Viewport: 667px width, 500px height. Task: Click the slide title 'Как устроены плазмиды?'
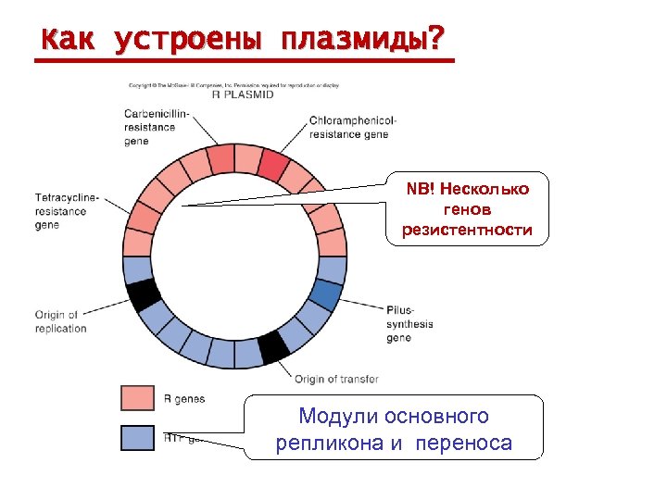coord(243,40)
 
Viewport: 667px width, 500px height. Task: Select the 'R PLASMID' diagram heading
coord(243,94)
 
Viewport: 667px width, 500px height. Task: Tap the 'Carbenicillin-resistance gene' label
coord(156,127)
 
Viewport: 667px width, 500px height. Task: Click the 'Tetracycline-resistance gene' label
coord(67,211)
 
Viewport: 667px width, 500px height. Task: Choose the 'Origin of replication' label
coord(61,321)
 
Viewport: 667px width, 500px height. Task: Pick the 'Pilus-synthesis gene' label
coord(409,324)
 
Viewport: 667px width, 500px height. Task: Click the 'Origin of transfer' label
coord(336,379)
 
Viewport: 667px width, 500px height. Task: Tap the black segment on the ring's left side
coord(144,294)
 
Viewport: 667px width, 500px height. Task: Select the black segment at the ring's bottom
coord(273,346)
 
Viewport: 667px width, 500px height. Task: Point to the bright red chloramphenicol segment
coord(274,164)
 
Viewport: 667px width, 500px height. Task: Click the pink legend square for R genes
coord(137,398)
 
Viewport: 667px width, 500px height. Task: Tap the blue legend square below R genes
coord(137,437)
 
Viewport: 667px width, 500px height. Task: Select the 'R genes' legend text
coord(184,399)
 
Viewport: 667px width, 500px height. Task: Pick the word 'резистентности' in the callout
coord(467,230)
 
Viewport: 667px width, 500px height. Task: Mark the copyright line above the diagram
coord(233,85)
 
